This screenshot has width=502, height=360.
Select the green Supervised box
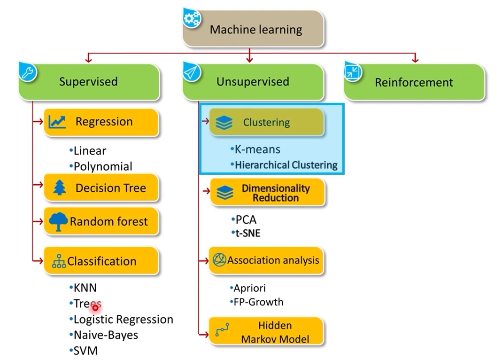89,82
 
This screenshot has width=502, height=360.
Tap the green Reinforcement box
414,83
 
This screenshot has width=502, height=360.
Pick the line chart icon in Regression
57,122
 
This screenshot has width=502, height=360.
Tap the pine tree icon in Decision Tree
60,188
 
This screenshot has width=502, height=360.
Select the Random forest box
102,221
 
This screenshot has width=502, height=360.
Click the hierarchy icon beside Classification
59,262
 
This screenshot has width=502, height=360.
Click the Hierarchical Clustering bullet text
286,165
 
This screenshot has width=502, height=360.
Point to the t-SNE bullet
247,233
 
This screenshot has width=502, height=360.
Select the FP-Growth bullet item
258,302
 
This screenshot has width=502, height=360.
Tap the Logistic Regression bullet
123,320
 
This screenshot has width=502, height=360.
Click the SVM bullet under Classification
85,351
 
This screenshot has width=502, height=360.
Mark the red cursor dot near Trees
95,308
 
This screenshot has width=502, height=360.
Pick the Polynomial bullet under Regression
102,166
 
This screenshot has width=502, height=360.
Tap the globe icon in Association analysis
219,260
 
